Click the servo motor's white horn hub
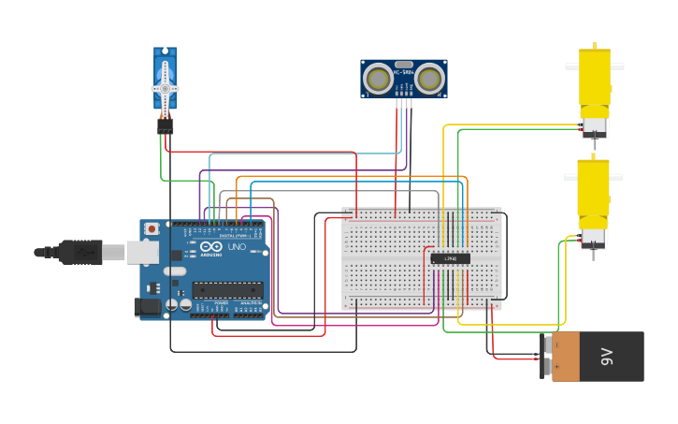pos(165,89)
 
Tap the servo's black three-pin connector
pos(165,124)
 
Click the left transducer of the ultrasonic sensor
pos(378,78)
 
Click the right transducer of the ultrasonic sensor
pos(429,78)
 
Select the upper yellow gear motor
pos(594,80)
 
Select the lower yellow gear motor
pos(593,192)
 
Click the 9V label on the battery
pos(606,357)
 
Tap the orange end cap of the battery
pos(565,357)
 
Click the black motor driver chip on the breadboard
pos(450,258)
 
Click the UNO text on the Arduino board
pos(237,246)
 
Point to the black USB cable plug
pos(80,252)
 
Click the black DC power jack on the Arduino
pos(147,306)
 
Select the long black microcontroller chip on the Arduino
pos(227,290)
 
